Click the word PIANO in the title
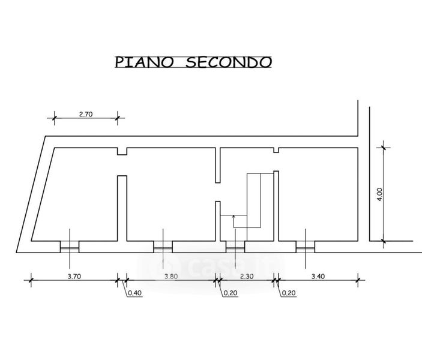click(x=144, y=62)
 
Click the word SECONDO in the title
click(x=229, y=62)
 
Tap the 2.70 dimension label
click(x=86, y=114)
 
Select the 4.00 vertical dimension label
click(x=379, y=194)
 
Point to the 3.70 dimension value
click(x=74, y=277)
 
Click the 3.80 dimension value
click(x=171, y=277)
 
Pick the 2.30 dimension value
click(x=247, y=277)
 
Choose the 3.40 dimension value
click(x=318, y=277)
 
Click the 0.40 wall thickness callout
click(x=134, y=293)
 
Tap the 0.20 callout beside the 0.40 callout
click(x=231, y=293)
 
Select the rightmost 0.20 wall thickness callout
click(x=289, y=293)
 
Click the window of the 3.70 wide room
click(x=70, y=247)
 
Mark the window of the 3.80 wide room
click(x=163, y=247)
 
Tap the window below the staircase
click(x=235, y=247)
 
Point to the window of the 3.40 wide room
click(x=305, y=247)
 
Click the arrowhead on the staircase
click(x=234, y=217)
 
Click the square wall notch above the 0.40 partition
click(x=122, y=151)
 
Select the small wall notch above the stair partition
click(x=276, y=150)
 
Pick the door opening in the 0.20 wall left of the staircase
click(x=218, y=192)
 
